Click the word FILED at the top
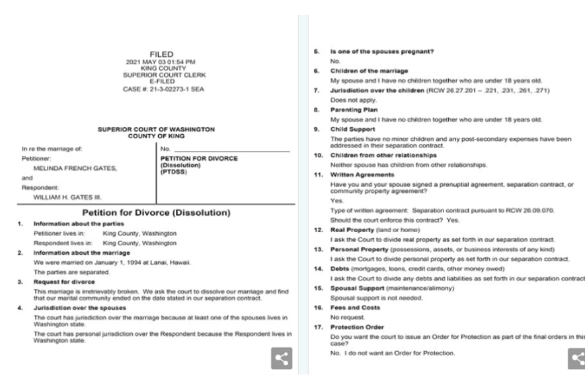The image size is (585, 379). point(161,54)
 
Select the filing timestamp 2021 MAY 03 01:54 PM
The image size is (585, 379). point(161,62)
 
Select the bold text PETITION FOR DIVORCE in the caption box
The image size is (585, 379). point(199,159)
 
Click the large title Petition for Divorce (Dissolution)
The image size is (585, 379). point(155,213)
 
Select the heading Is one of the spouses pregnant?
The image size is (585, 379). point(377,52)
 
